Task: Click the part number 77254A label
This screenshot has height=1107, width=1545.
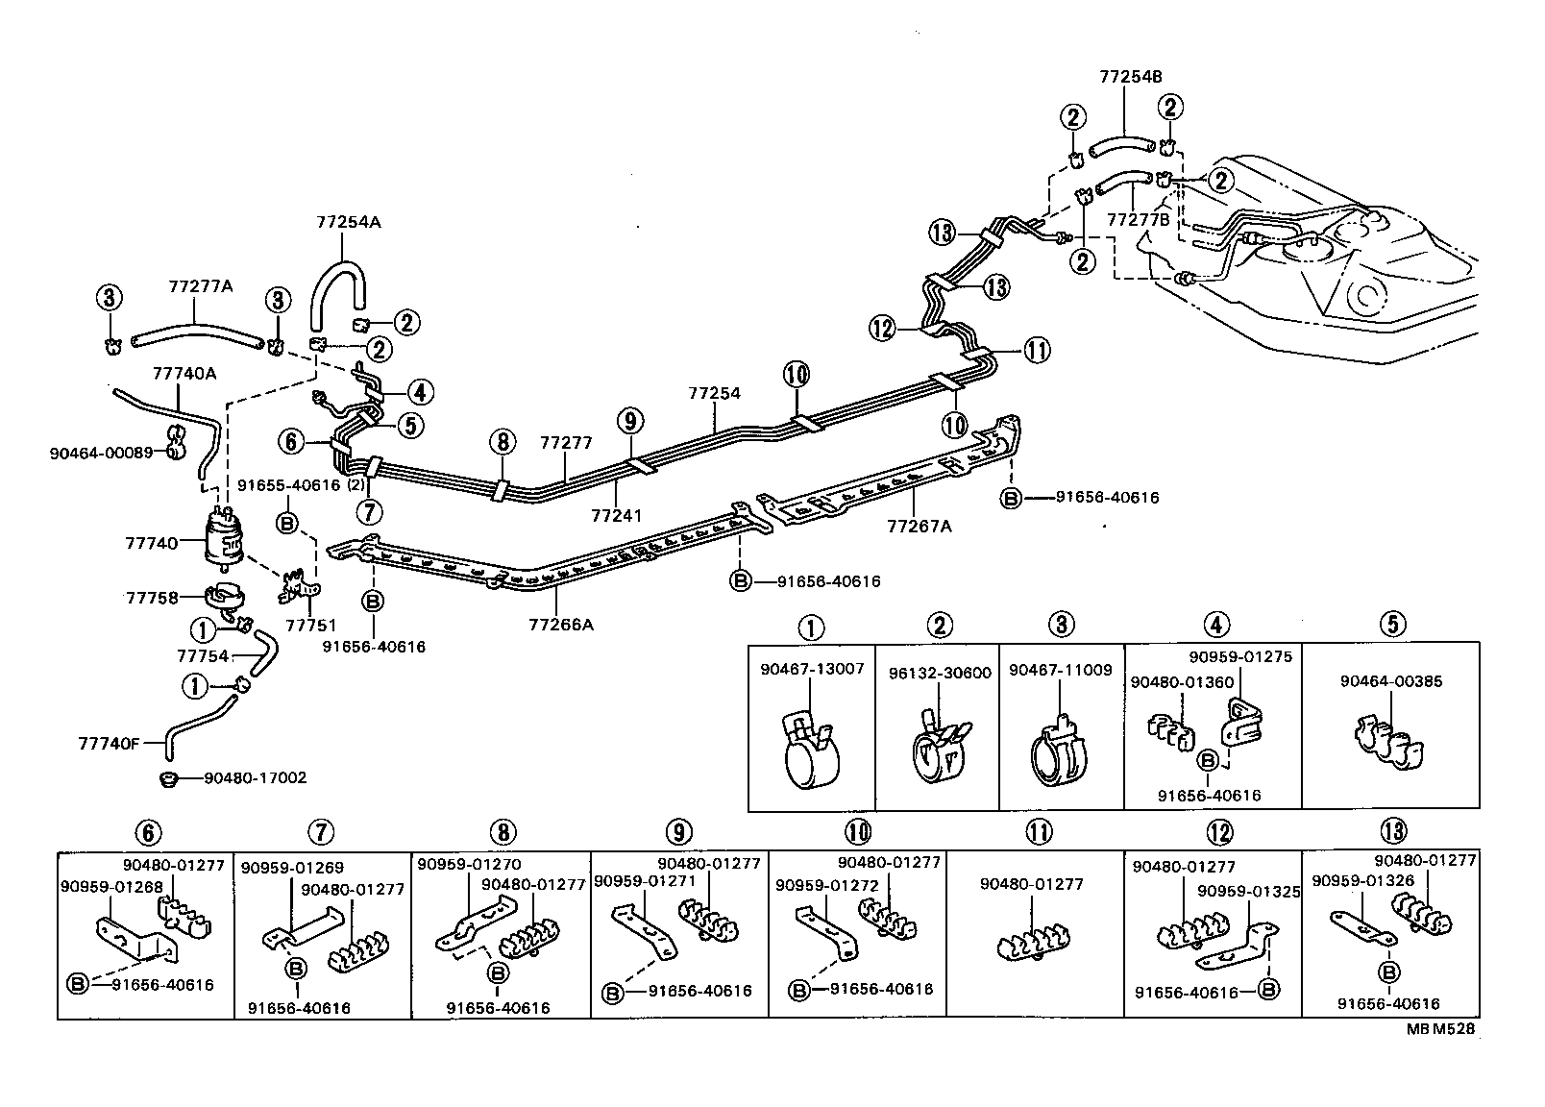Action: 348,222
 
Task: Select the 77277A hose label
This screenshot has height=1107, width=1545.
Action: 202,286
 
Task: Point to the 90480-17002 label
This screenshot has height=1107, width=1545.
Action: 255,777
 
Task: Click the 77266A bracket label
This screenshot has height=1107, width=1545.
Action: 560,625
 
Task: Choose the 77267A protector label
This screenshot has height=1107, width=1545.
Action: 919,527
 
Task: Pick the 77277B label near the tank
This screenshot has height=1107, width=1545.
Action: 1139,219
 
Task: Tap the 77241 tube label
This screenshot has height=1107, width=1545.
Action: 616,516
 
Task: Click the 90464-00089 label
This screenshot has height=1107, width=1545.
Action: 101,452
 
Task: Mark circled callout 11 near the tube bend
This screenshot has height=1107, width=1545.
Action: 1037,351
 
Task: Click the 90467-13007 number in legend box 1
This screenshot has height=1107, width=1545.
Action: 812,670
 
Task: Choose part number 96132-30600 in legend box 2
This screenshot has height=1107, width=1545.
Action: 938,674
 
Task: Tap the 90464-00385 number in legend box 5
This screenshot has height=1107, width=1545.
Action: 1390,681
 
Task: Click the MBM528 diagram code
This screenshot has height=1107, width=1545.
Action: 1440,1027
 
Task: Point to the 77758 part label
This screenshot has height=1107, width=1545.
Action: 152,598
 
